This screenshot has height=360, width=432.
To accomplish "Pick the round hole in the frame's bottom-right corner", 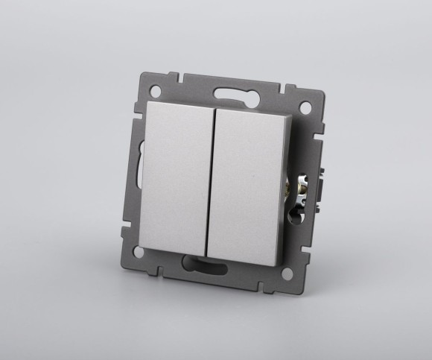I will (x=286, y=274).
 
